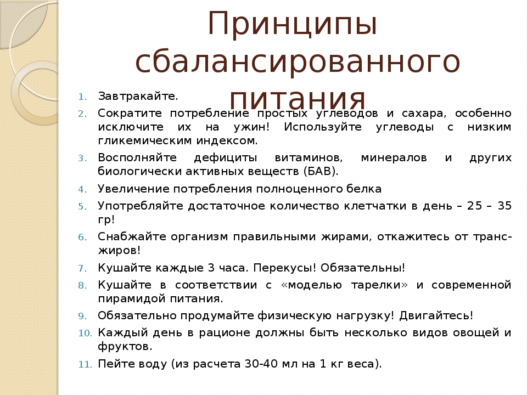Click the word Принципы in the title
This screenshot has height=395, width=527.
[293, 24]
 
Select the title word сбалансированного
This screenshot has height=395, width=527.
[298, 61]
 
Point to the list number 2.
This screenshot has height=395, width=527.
[83, 114]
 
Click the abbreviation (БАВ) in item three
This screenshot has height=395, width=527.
[321, 172]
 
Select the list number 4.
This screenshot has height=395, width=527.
[83, 190]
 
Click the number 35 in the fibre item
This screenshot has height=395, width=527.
[504, 206]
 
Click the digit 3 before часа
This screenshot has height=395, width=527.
[211, 268]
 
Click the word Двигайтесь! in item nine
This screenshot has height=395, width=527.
[436, 316]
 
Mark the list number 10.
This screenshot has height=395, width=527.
[85, 334]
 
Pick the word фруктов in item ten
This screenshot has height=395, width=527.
[125, 347]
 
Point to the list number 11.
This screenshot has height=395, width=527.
[85, 365]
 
